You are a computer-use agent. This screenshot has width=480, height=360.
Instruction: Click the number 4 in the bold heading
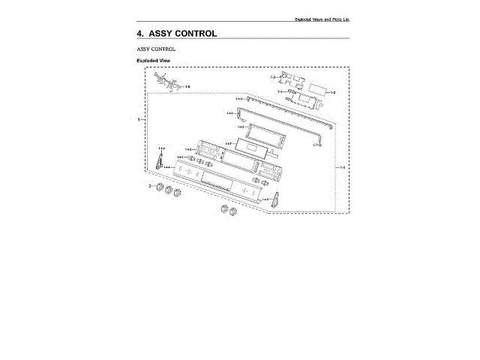click(139, 33)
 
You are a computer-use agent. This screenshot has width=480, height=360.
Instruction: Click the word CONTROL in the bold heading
click(193, 33)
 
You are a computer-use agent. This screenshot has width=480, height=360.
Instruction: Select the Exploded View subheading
click(152, 59)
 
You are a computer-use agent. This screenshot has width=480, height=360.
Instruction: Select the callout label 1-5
click(187, 87)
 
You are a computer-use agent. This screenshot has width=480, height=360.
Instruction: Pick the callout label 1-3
click(274, 78)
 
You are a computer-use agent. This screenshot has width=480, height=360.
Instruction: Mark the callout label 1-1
click(279, 91)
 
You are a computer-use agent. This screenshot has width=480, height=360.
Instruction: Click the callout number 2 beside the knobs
click(149, 185)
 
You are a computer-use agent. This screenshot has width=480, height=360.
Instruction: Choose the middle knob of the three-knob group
click(168, 191)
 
